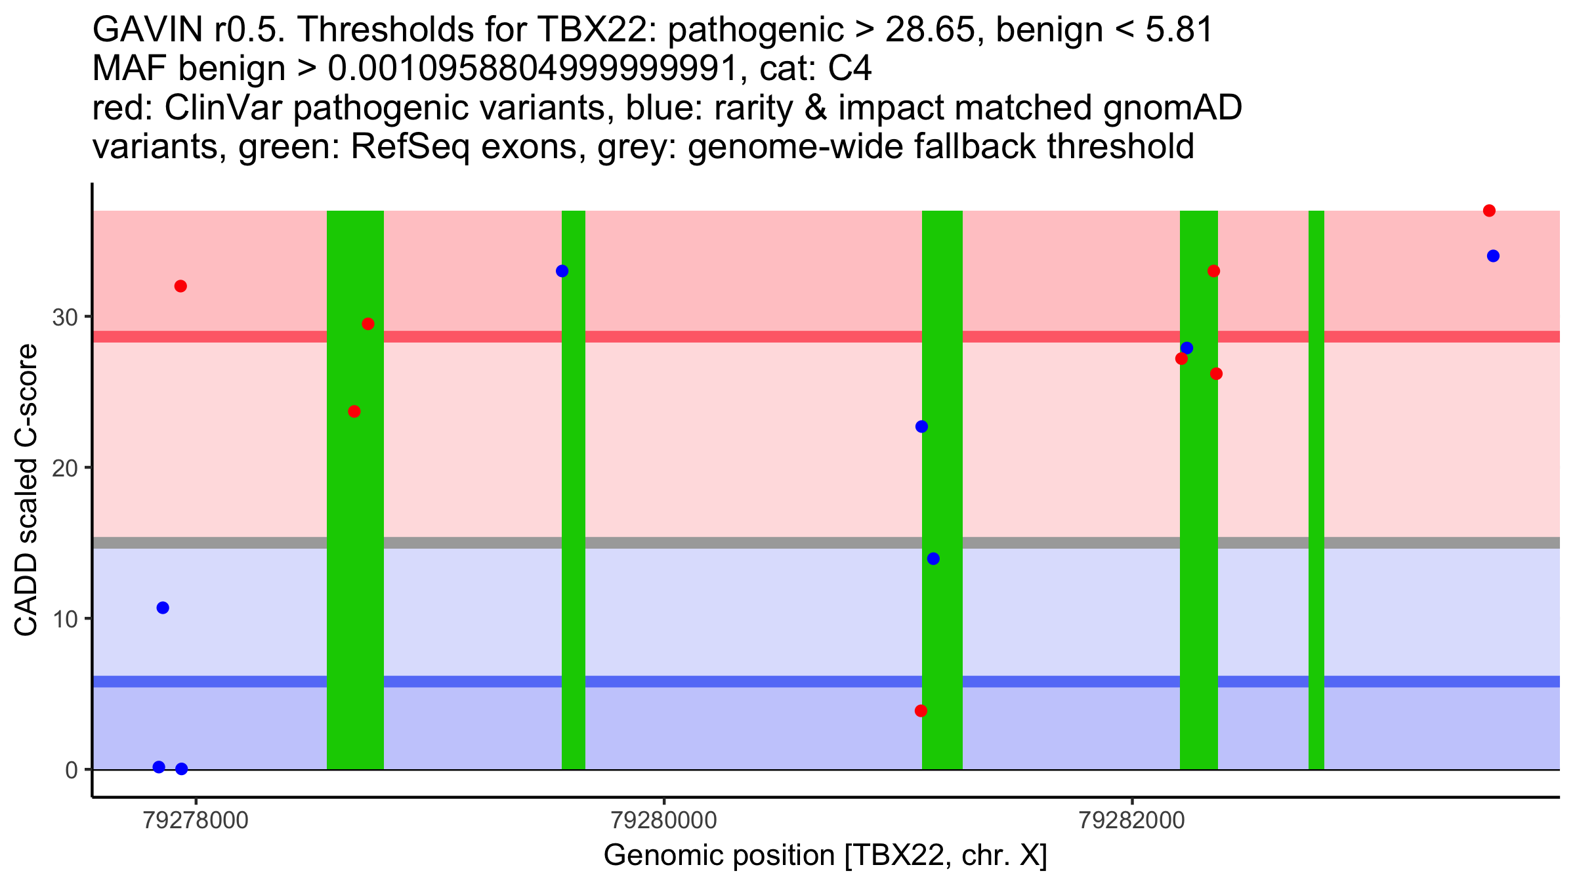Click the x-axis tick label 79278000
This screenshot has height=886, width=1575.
196,820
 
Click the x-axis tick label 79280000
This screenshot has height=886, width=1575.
663,820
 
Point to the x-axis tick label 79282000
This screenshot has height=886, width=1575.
1132,820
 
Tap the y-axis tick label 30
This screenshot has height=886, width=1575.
64,318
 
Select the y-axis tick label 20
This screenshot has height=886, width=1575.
64,468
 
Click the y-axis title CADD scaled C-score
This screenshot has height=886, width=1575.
26,490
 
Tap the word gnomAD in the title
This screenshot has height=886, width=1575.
1172,108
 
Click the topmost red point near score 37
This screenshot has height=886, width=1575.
1489,211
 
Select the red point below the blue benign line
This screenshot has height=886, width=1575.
921,711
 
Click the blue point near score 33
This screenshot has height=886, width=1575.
562,271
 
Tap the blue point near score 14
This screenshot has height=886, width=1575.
933,559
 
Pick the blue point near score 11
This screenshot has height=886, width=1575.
163,608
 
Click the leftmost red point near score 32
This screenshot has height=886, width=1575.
180,286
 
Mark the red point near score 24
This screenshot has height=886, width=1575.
354,411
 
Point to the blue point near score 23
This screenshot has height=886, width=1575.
921,427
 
